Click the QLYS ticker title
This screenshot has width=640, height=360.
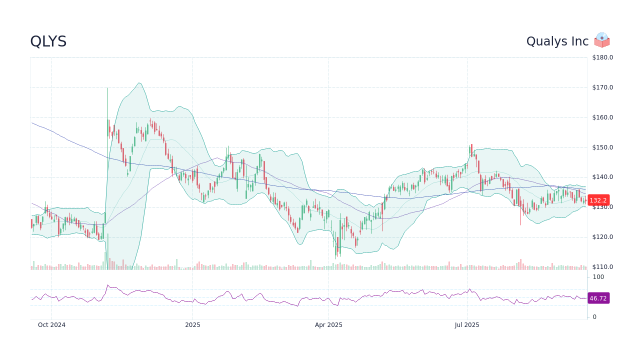pyautogui.click(x=48, y=41)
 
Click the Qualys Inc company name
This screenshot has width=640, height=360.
pyautogui.click(x=557, y=41)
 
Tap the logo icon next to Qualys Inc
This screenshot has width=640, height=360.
pyautogui.click(x=601, y=40)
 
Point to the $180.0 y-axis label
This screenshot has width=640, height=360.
pyautogui.click(x=602, y=57)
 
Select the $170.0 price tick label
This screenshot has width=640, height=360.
pyautogui.click(x=602, y=87)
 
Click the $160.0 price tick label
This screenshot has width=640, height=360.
pyautogui.click(x=602, y=117)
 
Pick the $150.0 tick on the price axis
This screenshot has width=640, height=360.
pyautogui.click(x=602, y=147)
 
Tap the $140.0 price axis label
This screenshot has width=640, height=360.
pyautogui.click(x=602, y=177)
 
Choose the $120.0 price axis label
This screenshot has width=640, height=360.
pyautogui.click(x=602, y=237)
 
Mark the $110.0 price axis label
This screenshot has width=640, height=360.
pyautogui.click(x=602, y=267)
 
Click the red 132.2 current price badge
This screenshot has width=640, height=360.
pyautogui.click(x=598, y=200)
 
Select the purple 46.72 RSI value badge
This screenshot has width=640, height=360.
pyautogui.click(x=598, y=298)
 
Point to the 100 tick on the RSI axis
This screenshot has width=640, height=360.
pyautogui.click(x=598, y=277)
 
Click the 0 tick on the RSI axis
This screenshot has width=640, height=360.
pyautogui.click(x=594, y=317)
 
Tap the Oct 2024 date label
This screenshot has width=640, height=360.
pyautogui.click(x=51, y=325)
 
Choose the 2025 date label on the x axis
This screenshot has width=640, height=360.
pyautogui.click(x=192, y=325)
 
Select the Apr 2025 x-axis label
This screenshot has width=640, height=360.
pyautogui.click(x=328, y=325)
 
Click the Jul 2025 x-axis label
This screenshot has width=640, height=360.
pyautogui.click(x=467, y=325)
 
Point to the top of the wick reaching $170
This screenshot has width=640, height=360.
pyautogui.click(x=107, y=88)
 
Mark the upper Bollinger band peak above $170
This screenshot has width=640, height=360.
pyautogui.click(x=139, y=83)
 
